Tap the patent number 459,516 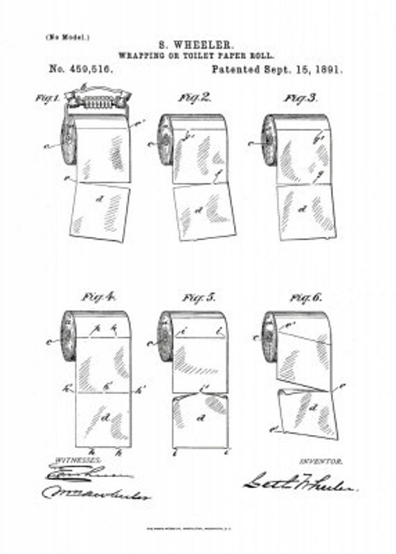pyautogui.click(x=81, y=69)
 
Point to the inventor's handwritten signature pyautogui.click(x=299, y=483)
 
